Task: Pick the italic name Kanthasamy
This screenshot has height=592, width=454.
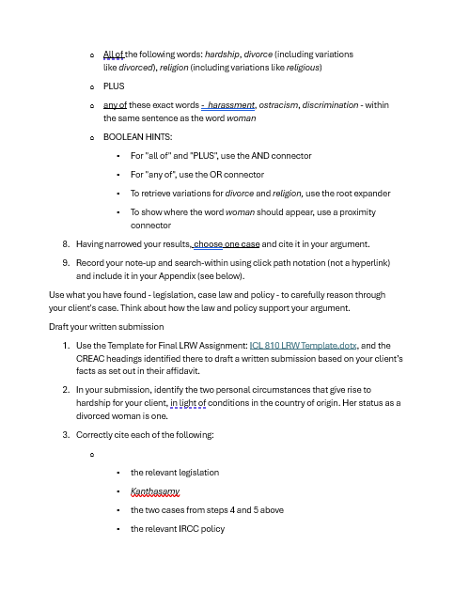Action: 156,491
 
